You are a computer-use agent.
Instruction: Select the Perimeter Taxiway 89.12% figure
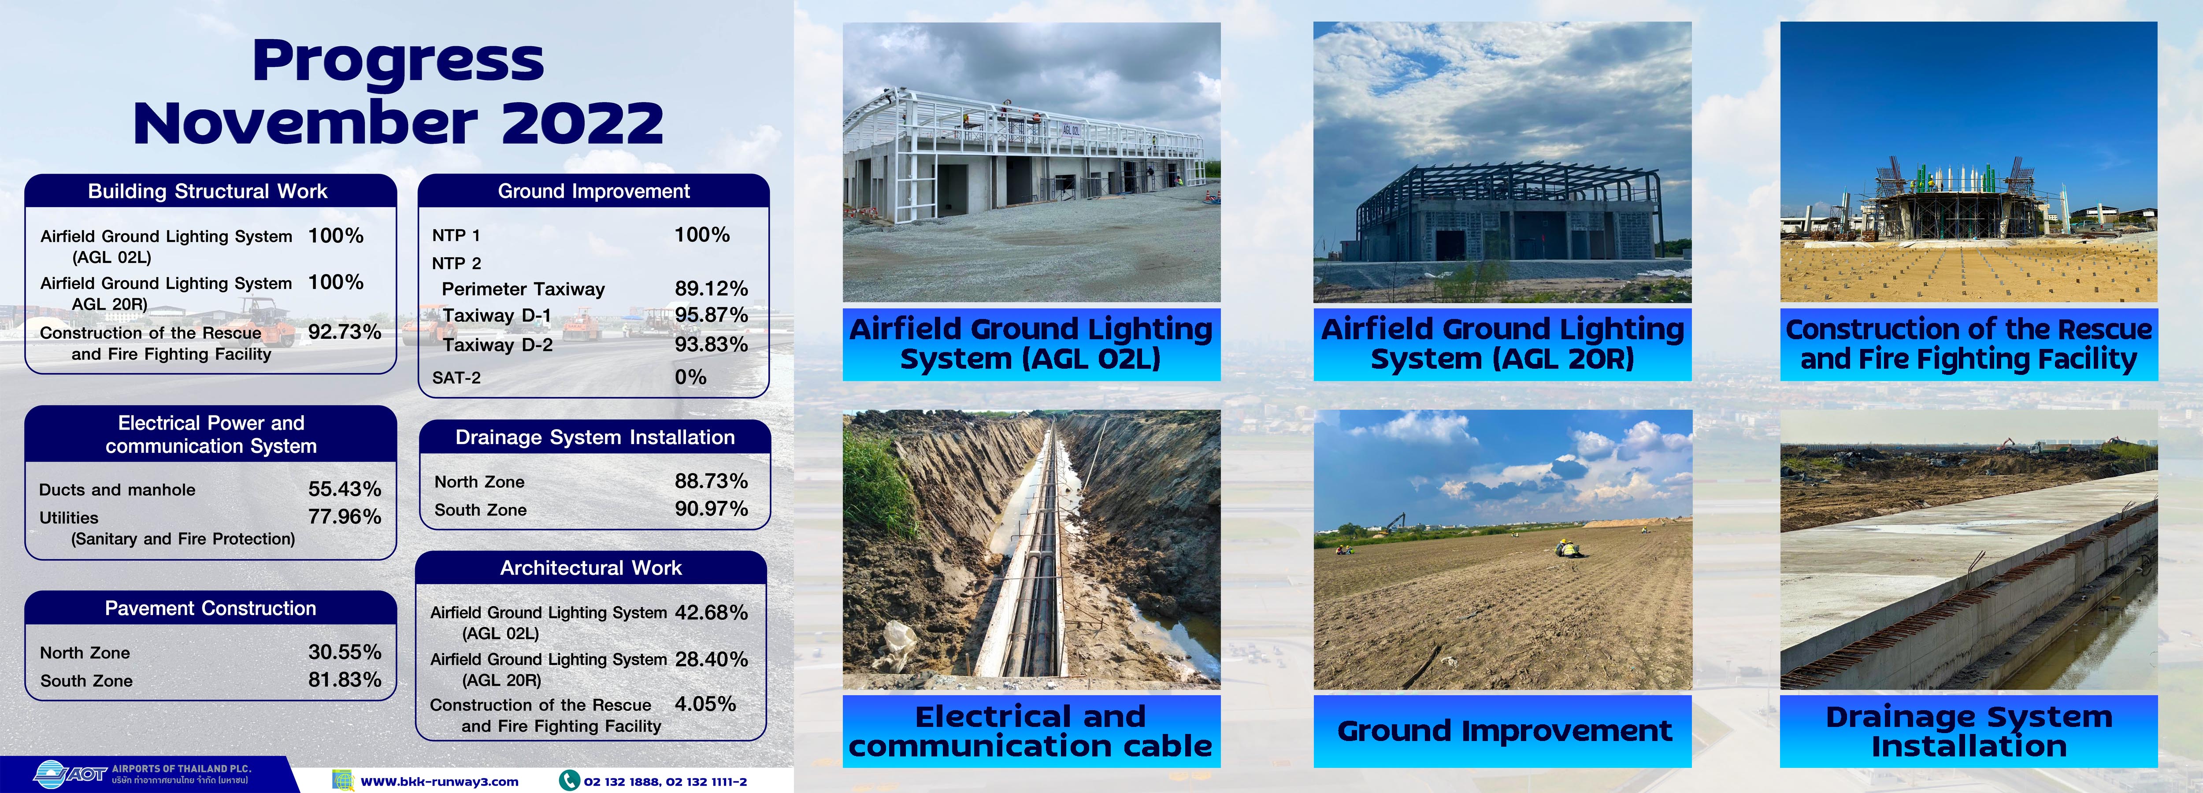click(x=711, y=288)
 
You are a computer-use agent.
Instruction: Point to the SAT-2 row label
click(x=456, y=377)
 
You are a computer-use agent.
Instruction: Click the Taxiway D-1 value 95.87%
click(x=711, y=315)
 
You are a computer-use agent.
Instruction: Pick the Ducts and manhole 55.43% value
click(x=345, y=489)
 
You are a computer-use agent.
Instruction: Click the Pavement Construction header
click(x=210, y=608)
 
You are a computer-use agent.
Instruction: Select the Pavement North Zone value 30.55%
click(x=345, y=652)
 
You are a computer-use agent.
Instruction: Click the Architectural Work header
click(x=591, y=568)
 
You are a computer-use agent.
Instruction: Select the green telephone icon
click(x=569, y=780)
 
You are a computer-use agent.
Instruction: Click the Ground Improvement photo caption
click(x=1503, y=730)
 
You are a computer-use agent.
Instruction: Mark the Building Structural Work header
click(x=208, y=191)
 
